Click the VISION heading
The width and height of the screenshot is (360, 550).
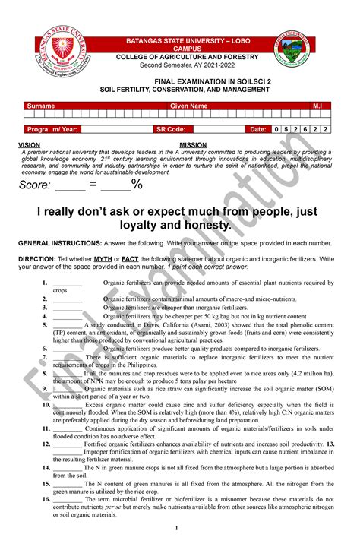[30, 144]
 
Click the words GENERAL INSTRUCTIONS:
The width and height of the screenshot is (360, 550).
[58, 243]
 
